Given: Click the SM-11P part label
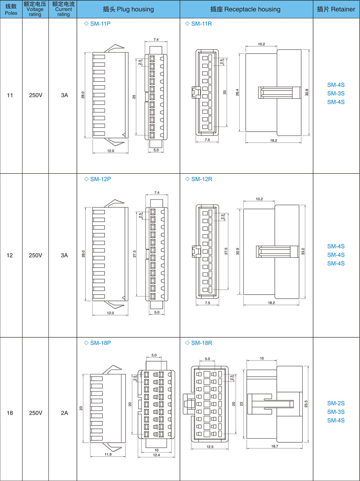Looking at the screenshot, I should coord(100,24).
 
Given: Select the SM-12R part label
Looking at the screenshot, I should coord(201,179).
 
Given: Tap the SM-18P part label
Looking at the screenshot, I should coord(100,343).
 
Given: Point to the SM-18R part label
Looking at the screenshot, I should coord(201,343).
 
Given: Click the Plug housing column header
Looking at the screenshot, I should coord(128,9).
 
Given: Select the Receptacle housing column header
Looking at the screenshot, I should coord(245,9).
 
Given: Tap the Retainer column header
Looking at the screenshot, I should coord(336,9).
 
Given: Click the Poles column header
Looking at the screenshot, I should coord(11,9).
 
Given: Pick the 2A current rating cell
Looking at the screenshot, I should coord(64,413).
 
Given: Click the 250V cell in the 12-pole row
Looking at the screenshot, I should coord(36,255).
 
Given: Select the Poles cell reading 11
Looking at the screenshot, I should coord(10,95).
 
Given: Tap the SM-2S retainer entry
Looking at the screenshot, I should coord(336,403).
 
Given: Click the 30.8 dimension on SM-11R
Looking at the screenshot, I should coord(307,92).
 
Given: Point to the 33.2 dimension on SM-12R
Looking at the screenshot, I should coord(303,251).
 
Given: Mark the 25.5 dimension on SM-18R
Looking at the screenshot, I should coord(306,404).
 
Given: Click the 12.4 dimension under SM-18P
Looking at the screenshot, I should coord(156,455).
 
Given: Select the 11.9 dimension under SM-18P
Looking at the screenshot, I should coord(108,454).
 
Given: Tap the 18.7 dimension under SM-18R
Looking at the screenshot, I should coord(274,446).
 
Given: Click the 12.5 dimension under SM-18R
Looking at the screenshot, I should coord(210,447).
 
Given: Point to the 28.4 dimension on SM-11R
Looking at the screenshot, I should coord(237,92).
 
